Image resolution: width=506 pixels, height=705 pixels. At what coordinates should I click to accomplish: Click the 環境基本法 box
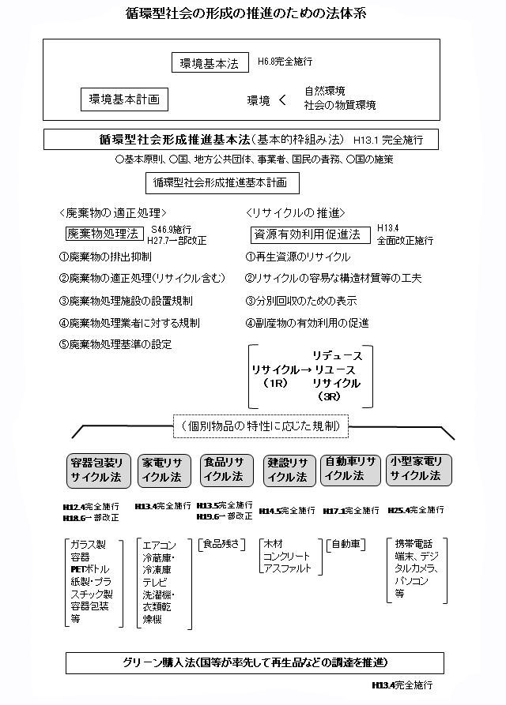tap(210, 63)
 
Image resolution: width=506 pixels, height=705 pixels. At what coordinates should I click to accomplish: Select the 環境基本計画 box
tap(124, 99)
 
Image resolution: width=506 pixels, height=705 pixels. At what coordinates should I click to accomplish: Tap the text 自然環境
tap(324, 91)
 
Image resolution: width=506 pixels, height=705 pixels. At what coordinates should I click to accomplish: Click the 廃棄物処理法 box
tap(103, 234)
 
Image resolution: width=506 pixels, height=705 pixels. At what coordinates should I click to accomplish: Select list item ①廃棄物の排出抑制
tap(105, 257)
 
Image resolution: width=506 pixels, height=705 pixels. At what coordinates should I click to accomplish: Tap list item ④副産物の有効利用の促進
tap(307, 323)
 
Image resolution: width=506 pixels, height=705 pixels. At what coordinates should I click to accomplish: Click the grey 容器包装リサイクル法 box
tap(96, 469)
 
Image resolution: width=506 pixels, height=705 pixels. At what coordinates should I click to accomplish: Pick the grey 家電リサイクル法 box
tap(162, 469)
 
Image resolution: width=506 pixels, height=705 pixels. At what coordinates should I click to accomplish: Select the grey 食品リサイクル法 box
tap(226, 469)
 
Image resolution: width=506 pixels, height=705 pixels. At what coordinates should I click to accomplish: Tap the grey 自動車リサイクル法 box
tap(351, 469)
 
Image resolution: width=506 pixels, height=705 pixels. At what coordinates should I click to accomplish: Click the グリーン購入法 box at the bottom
tap(255, 662)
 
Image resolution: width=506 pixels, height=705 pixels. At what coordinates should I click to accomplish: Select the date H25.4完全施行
tap(417, 510)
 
